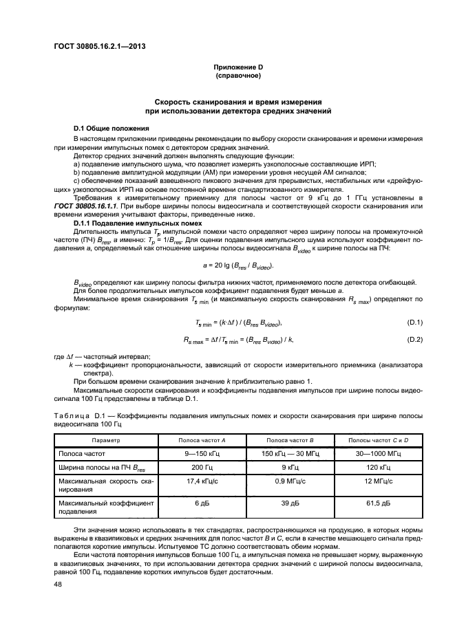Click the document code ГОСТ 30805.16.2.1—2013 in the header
(97, 47)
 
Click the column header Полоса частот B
(290, 439)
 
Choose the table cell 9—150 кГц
(202, 454)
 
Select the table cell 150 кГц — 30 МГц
(290, 454)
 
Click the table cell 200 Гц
(202, 468)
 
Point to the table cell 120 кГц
(379, 468)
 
